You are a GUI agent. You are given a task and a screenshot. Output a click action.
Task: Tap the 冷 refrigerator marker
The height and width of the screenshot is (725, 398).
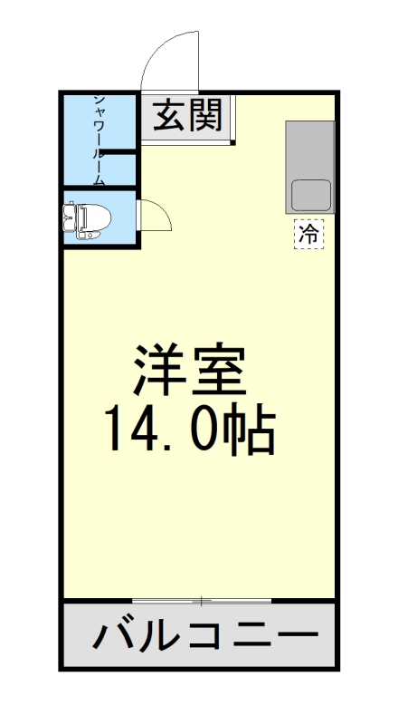tap(308, 233)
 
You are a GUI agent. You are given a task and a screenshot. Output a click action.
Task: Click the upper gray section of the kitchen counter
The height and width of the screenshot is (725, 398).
tap(310, 149)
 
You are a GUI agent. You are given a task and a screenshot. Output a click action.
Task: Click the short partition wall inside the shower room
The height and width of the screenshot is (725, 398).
tap(118, 154)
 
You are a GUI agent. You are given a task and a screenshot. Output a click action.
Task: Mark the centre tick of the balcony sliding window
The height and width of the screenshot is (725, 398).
tap(202, 601)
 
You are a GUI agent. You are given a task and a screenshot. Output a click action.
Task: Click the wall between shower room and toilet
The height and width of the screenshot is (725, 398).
tap(99, 189)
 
